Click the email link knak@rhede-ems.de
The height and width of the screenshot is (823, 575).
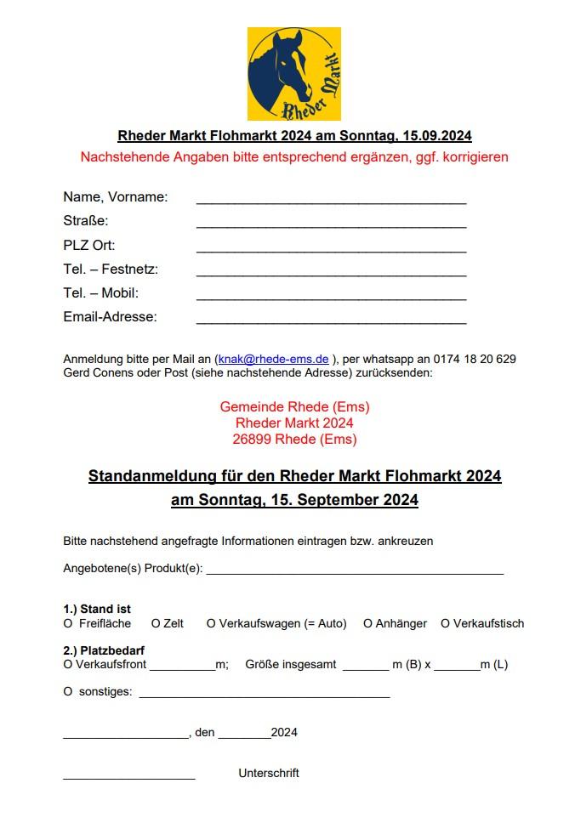(273, 359)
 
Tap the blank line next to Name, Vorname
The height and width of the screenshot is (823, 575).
(331, 201)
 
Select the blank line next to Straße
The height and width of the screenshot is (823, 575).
(331, 225)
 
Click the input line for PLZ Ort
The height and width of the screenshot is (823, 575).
(331, 249)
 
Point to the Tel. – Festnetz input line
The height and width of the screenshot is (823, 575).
(331, 273)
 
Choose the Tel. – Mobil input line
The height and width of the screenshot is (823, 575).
(331, 297)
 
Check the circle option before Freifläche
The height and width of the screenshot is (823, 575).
(68, 623)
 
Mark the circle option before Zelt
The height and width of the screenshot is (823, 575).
(156, 623)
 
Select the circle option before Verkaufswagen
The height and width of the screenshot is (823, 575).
(211, 623)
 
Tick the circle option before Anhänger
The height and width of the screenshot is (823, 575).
(367, 623)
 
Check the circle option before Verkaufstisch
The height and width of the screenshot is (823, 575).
(445, 623)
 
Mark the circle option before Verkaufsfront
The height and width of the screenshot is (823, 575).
(68, 664)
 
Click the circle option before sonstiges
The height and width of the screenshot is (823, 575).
(68, 691)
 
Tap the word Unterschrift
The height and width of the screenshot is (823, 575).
(269, 773)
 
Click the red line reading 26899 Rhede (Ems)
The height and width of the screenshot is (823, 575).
(294, 440)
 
